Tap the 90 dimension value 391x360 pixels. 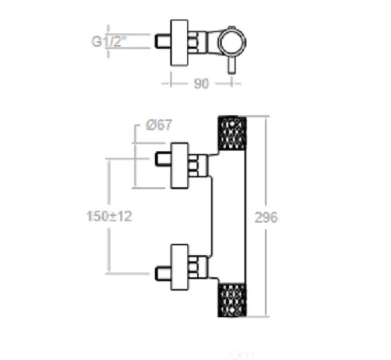point(201,83)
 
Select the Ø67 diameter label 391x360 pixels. point(158,125)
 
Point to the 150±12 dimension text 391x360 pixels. point(109,217)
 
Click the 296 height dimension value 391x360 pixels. point(266,218)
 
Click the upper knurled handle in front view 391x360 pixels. point(232,133)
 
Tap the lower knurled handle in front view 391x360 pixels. point(232,299)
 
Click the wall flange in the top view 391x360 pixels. point(180,43)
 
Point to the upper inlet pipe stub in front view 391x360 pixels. point(163,159)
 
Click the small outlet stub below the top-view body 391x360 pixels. point(232,67)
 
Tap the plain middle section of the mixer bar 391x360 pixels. point(232,216)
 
